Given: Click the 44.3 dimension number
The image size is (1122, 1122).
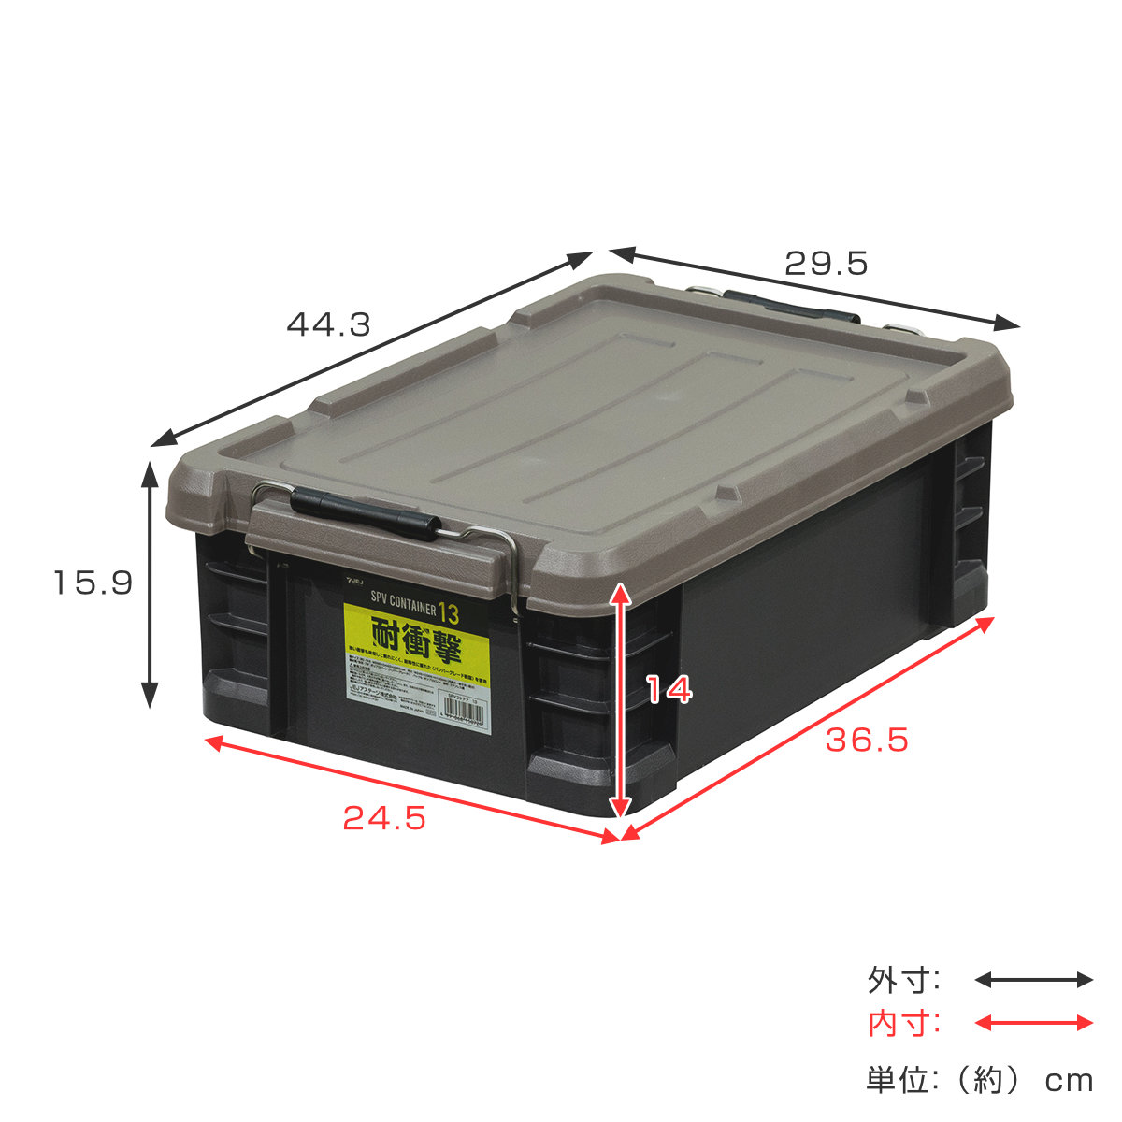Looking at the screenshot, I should [328, 324].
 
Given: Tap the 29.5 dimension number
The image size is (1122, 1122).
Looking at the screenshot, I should [827, 264].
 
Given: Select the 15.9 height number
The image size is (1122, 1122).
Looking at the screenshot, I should [93, 583].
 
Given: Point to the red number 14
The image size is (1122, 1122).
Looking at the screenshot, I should [669, 690].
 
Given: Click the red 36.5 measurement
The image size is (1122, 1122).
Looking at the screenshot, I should [867, 741].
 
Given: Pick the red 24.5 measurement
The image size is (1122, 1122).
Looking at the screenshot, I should [384, 818].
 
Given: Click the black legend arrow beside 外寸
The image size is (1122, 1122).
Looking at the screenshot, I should [1033, 980].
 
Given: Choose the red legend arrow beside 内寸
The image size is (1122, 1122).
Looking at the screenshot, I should [1033, 1023].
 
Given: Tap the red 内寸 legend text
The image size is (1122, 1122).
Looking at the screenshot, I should [903, 1024].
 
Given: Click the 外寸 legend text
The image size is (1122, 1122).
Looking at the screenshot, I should [903, 981].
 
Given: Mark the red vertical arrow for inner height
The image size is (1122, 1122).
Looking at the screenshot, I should [619, 701].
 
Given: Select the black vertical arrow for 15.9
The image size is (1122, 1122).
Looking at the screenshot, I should [149, 583].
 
